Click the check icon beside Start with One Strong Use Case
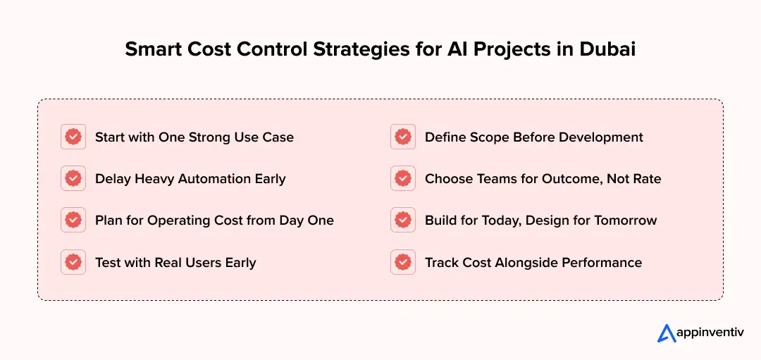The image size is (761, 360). [73, 137]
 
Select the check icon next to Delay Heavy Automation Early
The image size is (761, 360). [73, 178]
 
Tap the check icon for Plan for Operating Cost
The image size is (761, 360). [73, 221]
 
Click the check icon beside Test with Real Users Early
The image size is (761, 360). [73, 263]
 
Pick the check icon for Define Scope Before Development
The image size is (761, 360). [403, 137]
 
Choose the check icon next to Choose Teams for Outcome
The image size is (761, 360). [403, 178]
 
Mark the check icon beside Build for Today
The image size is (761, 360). [403, 221]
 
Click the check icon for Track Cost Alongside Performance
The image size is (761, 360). [403, 263]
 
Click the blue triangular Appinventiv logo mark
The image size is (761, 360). [667, 333]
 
